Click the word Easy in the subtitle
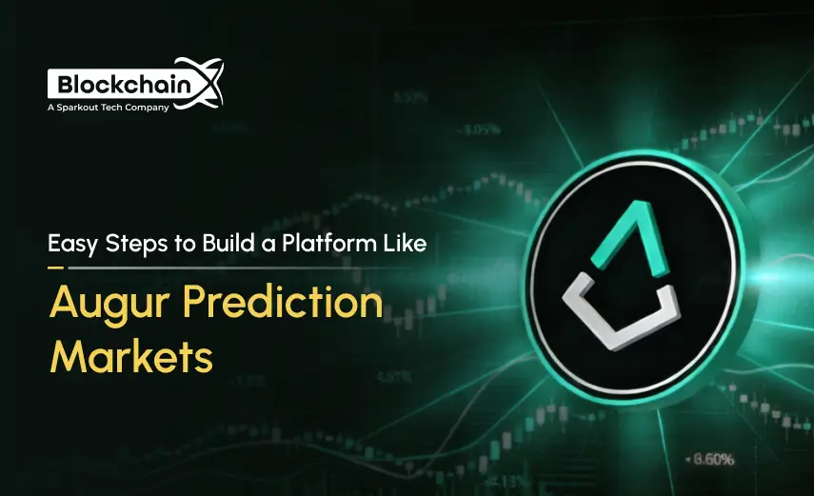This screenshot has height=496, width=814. point(72,243)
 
